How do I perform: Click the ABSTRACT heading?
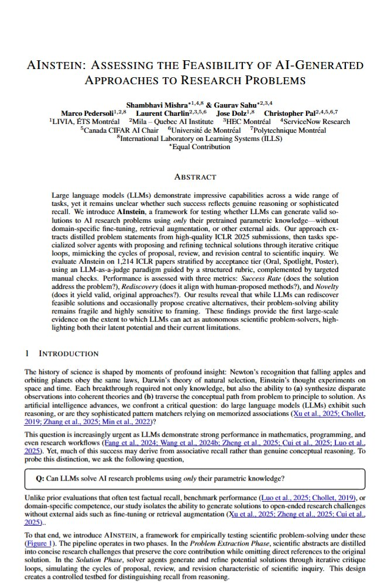[195, 177]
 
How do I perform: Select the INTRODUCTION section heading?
[68, 354]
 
